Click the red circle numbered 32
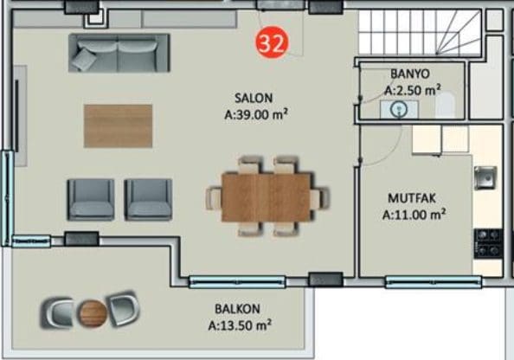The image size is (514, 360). point(272,42)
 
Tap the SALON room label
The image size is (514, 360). point(254,98)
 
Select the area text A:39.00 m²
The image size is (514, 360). point(256,114)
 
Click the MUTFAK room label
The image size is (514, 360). point(412,198)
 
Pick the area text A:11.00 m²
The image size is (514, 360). point(414,215)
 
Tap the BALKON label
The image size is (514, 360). point(237,309)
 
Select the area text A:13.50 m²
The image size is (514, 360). point(240,325)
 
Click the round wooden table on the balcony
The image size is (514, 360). point(92,313)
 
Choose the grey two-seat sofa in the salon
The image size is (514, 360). point(119,53)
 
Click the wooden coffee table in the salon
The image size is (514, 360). point(118,125)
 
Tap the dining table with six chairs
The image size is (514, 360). point(267,197)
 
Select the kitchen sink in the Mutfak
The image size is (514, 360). point(485,177)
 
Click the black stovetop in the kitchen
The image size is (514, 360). point(488,243)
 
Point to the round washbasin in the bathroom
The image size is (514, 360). point(399,108)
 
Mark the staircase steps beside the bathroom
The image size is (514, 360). point(420,32)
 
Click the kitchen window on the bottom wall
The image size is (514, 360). point(434,282)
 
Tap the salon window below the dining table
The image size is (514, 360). point(237,282)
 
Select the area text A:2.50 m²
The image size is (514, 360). point(412,90)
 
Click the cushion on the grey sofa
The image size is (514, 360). point(84,59)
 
